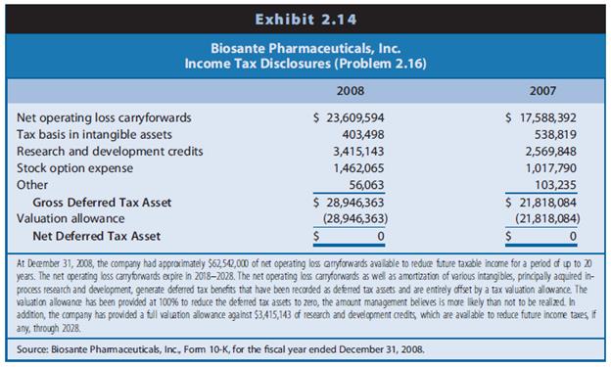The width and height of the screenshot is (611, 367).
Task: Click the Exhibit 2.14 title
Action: (305, 18)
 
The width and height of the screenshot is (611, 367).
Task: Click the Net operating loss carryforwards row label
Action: (105, 117)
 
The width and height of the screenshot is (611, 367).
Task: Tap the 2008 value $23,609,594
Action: (351, 117)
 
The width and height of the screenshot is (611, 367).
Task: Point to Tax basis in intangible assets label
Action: (95, 134)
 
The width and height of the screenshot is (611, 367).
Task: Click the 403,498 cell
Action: (365, 134)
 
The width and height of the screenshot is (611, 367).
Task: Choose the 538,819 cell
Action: (555, 134)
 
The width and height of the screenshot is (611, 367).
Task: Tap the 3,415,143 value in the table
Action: (359, 151)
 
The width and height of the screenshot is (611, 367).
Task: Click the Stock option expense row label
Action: (79, 168)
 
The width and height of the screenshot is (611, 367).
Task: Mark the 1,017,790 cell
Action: (549, 168)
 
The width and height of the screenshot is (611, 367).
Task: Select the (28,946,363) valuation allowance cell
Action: (354, 218)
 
